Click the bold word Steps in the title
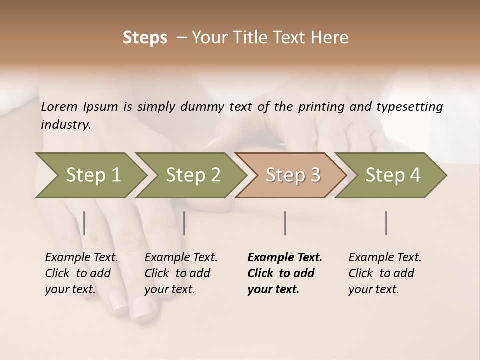pyautogui.click(x=145, y=38)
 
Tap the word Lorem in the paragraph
pyautogui.click(x=59, y=107)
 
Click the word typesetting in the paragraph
pyautogui.click(x=410, y=107)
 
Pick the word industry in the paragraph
pyautogui.click(x=66, y=125)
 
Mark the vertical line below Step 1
pyautogui.click(x=84, y=223)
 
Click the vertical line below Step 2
pyautogui.click(x=184, y=223)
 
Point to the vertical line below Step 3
pyautogui.click(x=285, y=223)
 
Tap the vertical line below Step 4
pyautogui.click(x=386, y=223)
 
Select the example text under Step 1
pyautogui.click(x=81, y=273)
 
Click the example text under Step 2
pyautogui.click(x=181, y=273)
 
